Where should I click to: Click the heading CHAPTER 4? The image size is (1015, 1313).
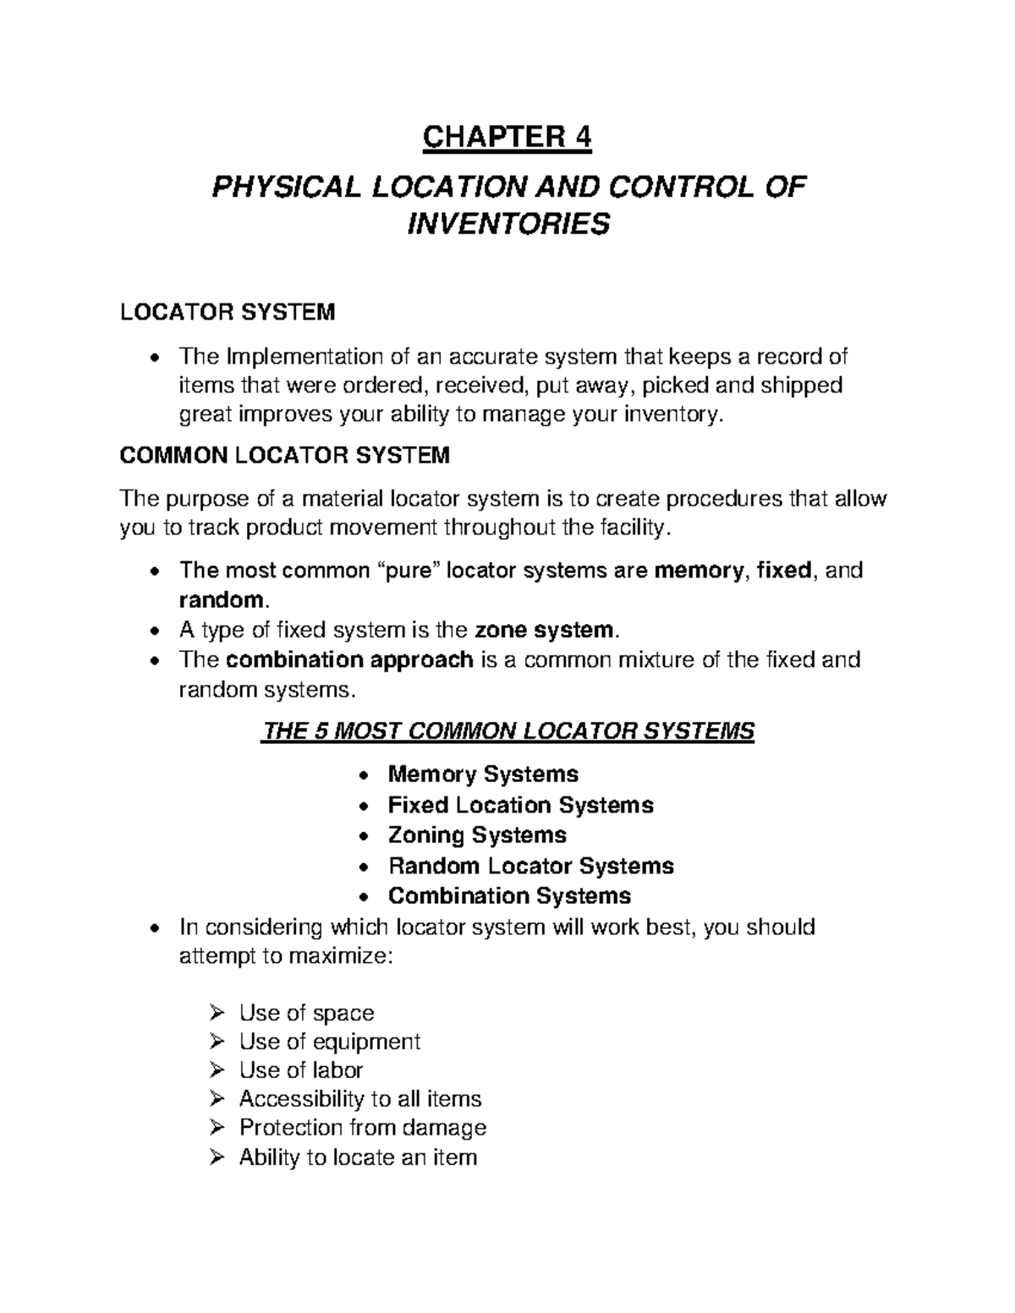(507, 138)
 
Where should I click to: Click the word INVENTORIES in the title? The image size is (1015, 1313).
(507, 226)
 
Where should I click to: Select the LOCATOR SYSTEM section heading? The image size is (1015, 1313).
(228, 313)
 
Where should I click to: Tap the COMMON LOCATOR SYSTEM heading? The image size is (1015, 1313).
(284, 457)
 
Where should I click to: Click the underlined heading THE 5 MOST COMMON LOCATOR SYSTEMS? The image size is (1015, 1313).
(507, 731)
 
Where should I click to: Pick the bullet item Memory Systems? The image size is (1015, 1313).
(483, 774)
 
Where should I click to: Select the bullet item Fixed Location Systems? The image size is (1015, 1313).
(520, 805)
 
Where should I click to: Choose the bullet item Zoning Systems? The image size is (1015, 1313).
(477, 835)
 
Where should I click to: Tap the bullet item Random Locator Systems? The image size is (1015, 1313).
(530, 866)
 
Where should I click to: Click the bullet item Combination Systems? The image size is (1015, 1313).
(509, 896)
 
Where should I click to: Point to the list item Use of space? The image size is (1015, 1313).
(306, 1013)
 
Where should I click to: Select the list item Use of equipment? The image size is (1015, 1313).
(329, 1042)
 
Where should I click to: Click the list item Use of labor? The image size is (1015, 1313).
(300, 1070)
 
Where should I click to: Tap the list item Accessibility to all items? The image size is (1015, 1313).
(359, 1099)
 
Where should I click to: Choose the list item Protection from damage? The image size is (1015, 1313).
(362, 1128)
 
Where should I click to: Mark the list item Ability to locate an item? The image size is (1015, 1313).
(358, 1157)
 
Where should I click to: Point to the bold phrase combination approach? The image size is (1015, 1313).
(350, 659)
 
